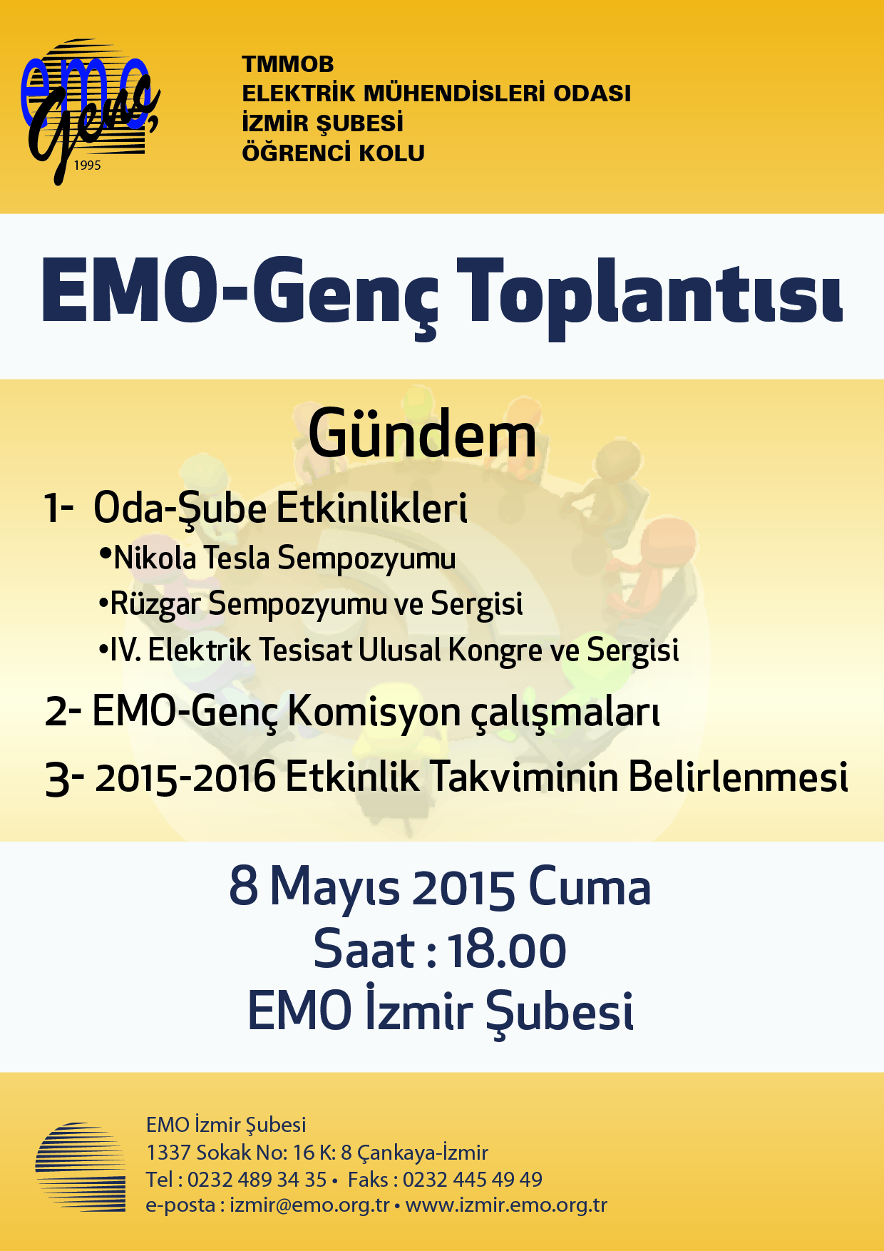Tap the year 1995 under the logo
[88, 165]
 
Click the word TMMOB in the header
[288, 64]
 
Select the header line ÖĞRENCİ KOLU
[334, 153]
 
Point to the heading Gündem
[422, 435]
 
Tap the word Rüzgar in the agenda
[155, 605]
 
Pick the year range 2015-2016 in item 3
[185, 777]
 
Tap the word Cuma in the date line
[590, 887]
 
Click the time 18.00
[507, 951]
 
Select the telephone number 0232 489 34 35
[257, 1180]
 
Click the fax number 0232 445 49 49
[473, 1180]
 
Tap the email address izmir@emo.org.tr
[310, 1205]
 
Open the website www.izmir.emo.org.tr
[506, 1205]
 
